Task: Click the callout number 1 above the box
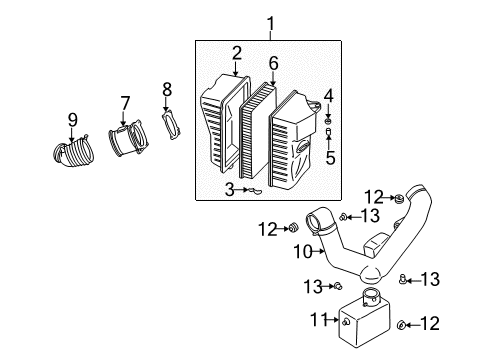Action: (x=271, y=24)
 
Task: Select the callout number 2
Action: (x=236, y=53)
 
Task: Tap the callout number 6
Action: (x=273, y=63)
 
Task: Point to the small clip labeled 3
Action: (x=254, y=191)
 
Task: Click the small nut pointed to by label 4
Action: (x=328, y=119)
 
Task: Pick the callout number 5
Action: (x=330, y=157)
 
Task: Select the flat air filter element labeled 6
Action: (x=258, y=131)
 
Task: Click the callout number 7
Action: (x=125, y=103)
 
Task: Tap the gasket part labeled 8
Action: (x=171, y=125)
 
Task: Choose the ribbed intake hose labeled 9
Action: (x=73, y=152)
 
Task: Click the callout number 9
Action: (x=73, y=120)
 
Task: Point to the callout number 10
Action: (x=303, y=252)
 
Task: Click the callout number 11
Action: (x=319, y=319)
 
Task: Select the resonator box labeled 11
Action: (x=364, y=318)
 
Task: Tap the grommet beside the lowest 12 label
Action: (x=401, y=324)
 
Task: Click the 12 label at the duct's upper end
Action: (x=374, y=197)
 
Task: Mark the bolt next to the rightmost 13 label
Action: (x=402, y=279)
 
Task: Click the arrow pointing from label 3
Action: (x=241, y=190)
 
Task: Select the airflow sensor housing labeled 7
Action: (x=128, y=138)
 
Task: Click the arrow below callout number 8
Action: (x=166, y=105)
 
